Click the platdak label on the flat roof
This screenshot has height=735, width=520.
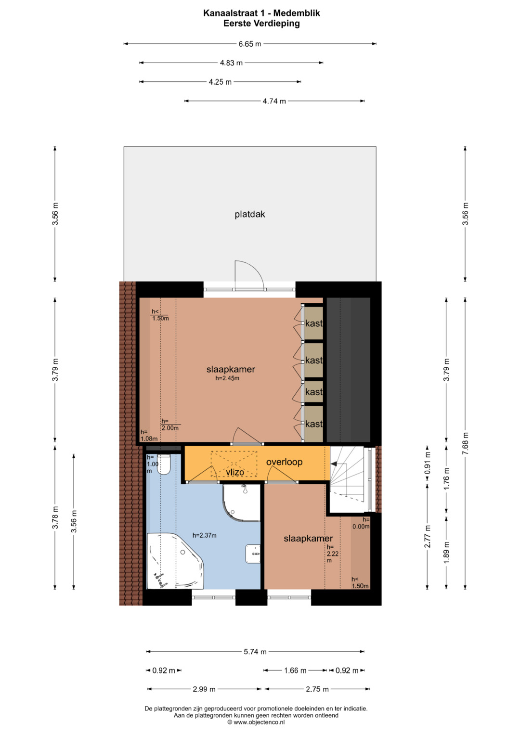[x=250, y=215]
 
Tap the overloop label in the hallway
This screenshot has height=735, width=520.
[x=284, y=462]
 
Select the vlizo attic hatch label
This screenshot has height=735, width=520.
[x=235, y=472]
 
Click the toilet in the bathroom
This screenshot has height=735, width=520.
[x=164, y=464]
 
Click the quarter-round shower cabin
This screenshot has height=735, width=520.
[x=241, y=503]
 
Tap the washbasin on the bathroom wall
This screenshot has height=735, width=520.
[x=253, y=554]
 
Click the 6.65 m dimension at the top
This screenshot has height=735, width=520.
[x=250, y=44]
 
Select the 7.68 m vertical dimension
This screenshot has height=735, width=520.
[x=465, y=444]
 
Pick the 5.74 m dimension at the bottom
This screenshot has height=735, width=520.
[x=255, y=652]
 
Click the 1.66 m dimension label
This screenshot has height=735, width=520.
[x=295, y=671]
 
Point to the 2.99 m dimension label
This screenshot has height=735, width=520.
[x=204, y=689]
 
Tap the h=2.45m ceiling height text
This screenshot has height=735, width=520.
[x=227, y=378]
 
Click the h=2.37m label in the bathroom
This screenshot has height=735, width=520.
[x=205, y=536]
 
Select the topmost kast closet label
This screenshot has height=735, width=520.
[x=314, y=323]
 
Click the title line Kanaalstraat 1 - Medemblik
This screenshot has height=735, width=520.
[x=261, y=13]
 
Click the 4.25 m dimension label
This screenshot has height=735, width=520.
[x=221, y=82]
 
